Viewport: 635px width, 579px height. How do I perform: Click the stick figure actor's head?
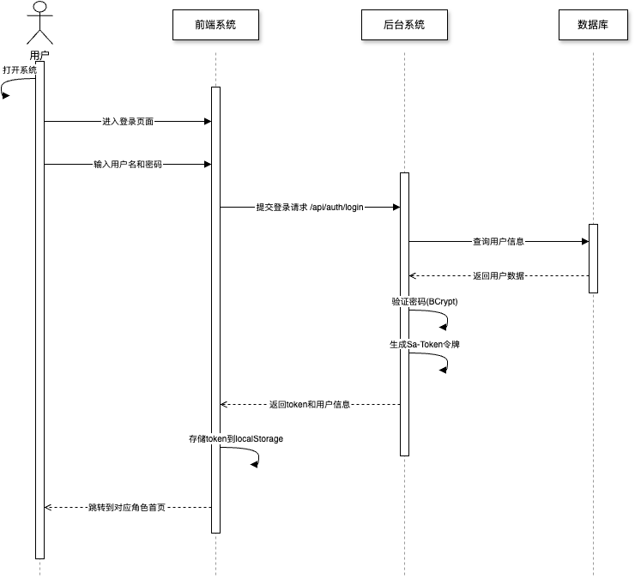pyautogui.click(x=39, y=9)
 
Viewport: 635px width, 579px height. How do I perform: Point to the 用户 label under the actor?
pyautogui.click(x=39, y=56)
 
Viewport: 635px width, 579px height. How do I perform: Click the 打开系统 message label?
pyautogui.click(x=20, y=69)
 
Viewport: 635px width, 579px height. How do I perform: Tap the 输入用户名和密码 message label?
pyautogui.click(x=128, y=165)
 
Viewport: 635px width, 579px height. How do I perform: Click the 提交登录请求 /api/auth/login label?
pyautogui.click(x=311, y=208)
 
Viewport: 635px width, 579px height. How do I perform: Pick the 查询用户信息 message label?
pyautogui.click(x=499, y=242)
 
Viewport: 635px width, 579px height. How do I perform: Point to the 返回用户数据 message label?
pyautogui.click(x=499, y=276)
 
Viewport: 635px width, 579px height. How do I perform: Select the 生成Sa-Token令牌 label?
pyautogui.click(x=424, y=345)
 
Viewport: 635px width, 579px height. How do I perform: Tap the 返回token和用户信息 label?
pyautogui.click(x=310, y=404)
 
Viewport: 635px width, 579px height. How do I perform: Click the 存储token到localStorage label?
pyautogui.click(x=236, y=439)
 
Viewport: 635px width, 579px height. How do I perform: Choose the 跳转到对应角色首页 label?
pyautogui.click(x=127, y=508)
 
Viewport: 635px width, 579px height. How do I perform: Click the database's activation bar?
pyautogui.click(x=593, y=259)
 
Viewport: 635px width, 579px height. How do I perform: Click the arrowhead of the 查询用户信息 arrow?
pyautogui.click(x=584, y=242)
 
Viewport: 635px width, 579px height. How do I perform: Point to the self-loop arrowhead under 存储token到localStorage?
pyautogui.click(x=254, y=464)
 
